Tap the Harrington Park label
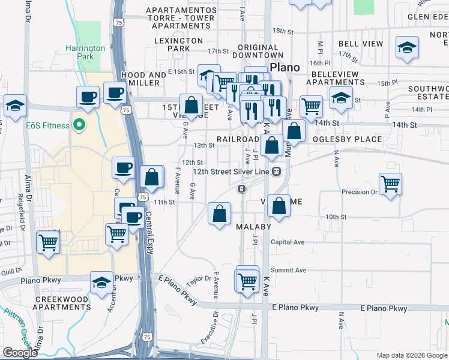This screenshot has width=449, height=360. [85, 52]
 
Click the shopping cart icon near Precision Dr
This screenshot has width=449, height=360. [390, 184]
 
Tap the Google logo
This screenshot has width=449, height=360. [20, 353]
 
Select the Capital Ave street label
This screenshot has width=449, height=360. [288, 242]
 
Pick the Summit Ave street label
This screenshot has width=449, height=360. [288, 270]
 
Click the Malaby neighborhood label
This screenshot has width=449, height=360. [253, 227]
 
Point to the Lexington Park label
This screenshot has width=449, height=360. [178, 44]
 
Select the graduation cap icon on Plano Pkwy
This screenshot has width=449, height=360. [101, 281]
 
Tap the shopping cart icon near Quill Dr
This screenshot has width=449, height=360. [47, 242]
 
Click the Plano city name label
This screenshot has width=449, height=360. [285, 67]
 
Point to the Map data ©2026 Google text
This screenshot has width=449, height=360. [411, 355]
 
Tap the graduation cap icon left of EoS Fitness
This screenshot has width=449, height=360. [15, 106]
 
